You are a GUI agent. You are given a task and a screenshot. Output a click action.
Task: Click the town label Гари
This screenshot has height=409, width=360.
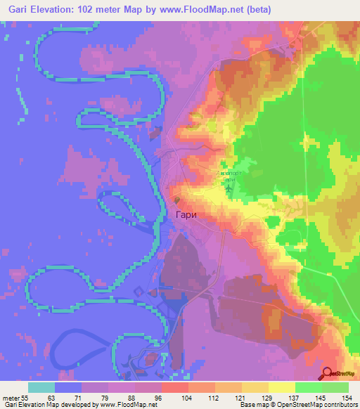coord(185,217)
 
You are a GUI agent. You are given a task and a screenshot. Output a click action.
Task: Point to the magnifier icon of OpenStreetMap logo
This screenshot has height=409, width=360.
coord(328,373)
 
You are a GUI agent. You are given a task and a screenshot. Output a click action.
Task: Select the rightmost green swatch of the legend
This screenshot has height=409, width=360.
coord(335,388)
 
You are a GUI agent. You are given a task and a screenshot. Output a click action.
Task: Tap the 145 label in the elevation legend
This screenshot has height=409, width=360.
coord(322,398)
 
